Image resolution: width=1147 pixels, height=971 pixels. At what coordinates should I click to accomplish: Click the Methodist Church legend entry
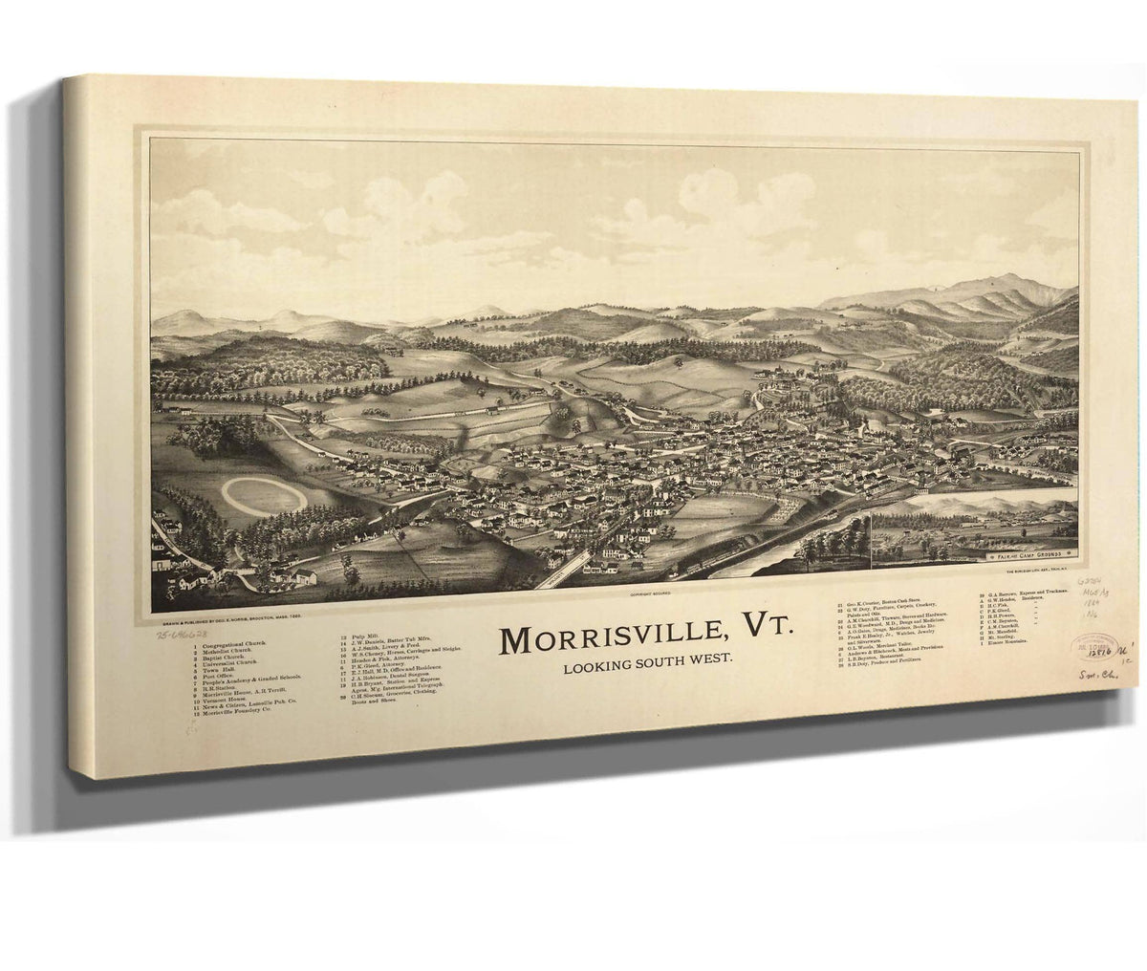click(229, 653)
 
